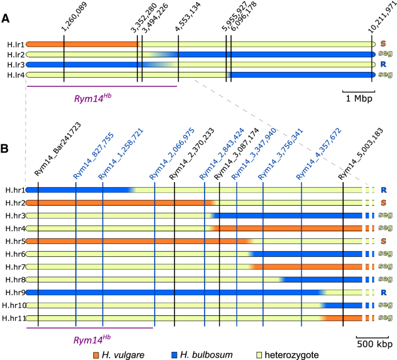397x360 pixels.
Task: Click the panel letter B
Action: click(x=5, y=148)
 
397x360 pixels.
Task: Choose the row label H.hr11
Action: click(x=13, y=318)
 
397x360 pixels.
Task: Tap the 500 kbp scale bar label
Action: click(x=370, y=343)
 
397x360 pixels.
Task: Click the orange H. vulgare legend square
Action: click(x=97, y=354)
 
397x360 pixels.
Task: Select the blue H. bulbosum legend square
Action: click(x=176, y=354)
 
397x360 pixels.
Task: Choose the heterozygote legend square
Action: click(x=259, y=354)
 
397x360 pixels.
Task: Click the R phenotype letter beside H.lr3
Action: click(x=383, y=64)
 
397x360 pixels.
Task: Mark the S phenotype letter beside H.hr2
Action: click(x=383, y=203)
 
